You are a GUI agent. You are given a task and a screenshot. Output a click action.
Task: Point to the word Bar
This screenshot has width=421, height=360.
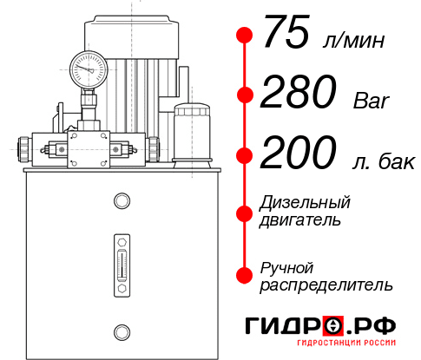click(x=372, y=101)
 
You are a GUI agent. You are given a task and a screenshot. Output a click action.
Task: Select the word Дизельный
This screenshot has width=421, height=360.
click(x=305, y=203)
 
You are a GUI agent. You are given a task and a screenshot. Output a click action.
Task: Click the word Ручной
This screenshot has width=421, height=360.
click(x=286, y=267)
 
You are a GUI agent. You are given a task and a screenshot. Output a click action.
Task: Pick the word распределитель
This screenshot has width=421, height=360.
click(x=326, y=284)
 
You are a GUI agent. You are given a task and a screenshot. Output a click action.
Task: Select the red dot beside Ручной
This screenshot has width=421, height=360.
click(x=245, y=275)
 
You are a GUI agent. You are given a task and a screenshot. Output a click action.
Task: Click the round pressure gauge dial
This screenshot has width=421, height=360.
click(x=89, y=66)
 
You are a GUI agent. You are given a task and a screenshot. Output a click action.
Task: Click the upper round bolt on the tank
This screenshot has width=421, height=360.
click(x=121, y=201)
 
